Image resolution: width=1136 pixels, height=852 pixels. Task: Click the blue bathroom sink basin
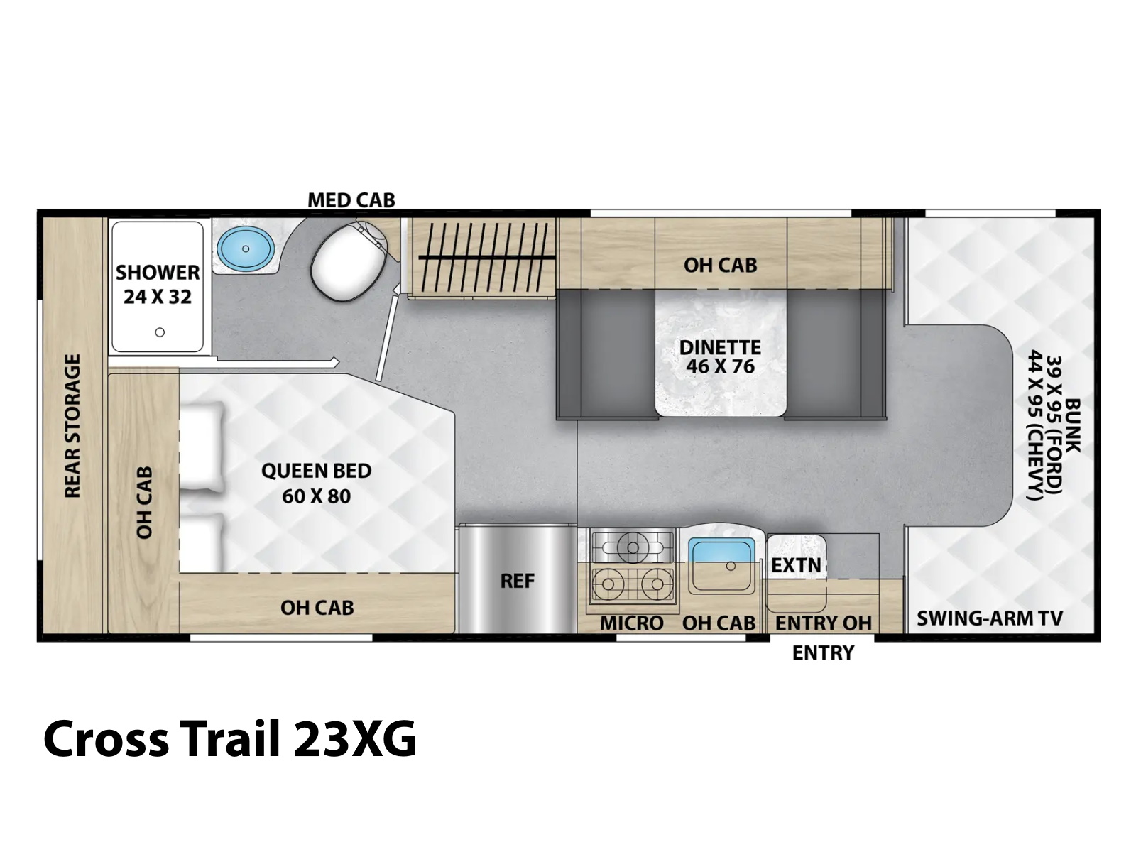(246, 248)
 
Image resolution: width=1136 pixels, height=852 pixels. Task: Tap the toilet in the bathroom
(351, 261)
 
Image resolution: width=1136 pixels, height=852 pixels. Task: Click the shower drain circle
(160, 332)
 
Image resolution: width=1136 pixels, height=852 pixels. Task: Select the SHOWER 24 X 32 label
(158, 285)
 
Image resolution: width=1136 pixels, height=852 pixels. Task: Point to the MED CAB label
(351, 200)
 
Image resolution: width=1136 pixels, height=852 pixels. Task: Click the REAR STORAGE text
(72, 426)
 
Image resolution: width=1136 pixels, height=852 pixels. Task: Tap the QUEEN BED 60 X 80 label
(316, 484)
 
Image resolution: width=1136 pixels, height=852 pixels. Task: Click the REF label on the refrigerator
(517, 581)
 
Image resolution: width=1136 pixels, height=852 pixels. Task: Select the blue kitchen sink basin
(721, 552)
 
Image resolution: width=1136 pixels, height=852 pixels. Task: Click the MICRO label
(631, 623)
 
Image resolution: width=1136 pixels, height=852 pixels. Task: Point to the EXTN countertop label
(796, 565)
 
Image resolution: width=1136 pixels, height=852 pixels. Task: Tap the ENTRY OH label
(824, 623)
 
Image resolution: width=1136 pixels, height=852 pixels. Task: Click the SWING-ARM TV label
(990, 618)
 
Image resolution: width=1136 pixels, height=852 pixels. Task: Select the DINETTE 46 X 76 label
(720, 357)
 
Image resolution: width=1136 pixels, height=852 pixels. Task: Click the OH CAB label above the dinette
(720, 266)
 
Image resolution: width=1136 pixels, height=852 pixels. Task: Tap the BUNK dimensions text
(1054, 425)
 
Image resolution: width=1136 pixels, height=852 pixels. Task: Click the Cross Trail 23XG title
(230, 738)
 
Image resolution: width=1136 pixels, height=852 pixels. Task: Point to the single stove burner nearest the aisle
(633, 546)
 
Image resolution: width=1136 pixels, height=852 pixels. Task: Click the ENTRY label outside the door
(823, 652)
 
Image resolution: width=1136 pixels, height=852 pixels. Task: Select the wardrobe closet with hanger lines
(482, 258)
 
